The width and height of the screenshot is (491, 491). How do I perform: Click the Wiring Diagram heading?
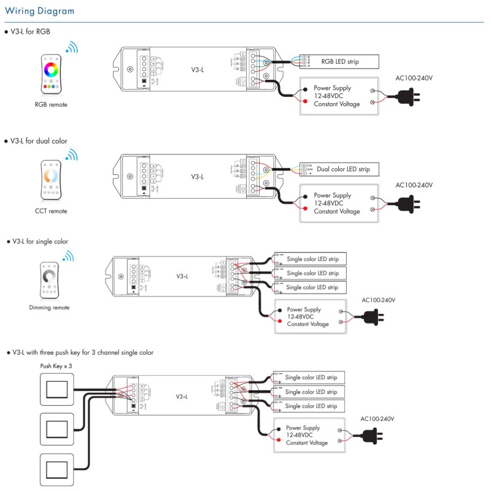point(40,11)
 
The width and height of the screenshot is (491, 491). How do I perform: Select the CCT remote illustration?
point(51,180)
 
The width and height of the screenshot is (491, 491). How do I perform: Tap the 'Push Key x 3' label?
point(56,365)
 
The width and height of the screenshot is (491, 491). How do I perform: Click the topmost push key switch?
point(56,389)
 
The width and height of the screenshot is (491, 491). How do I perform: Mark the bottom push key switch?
point(56,470)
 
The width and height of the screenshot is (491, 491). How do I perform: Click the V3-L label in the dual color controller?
point(197,177)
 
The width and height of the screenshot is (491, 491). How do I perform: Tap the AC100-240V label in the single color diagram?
point(378,300)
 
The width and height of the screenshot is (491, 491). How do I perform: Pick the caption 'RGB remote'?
point(51,105)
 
